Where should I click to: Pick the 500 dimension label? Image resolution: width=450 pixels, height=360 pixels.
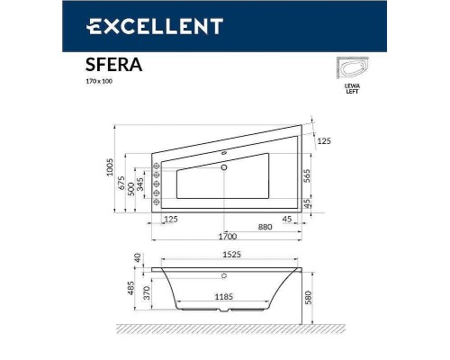pos(130,189)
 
